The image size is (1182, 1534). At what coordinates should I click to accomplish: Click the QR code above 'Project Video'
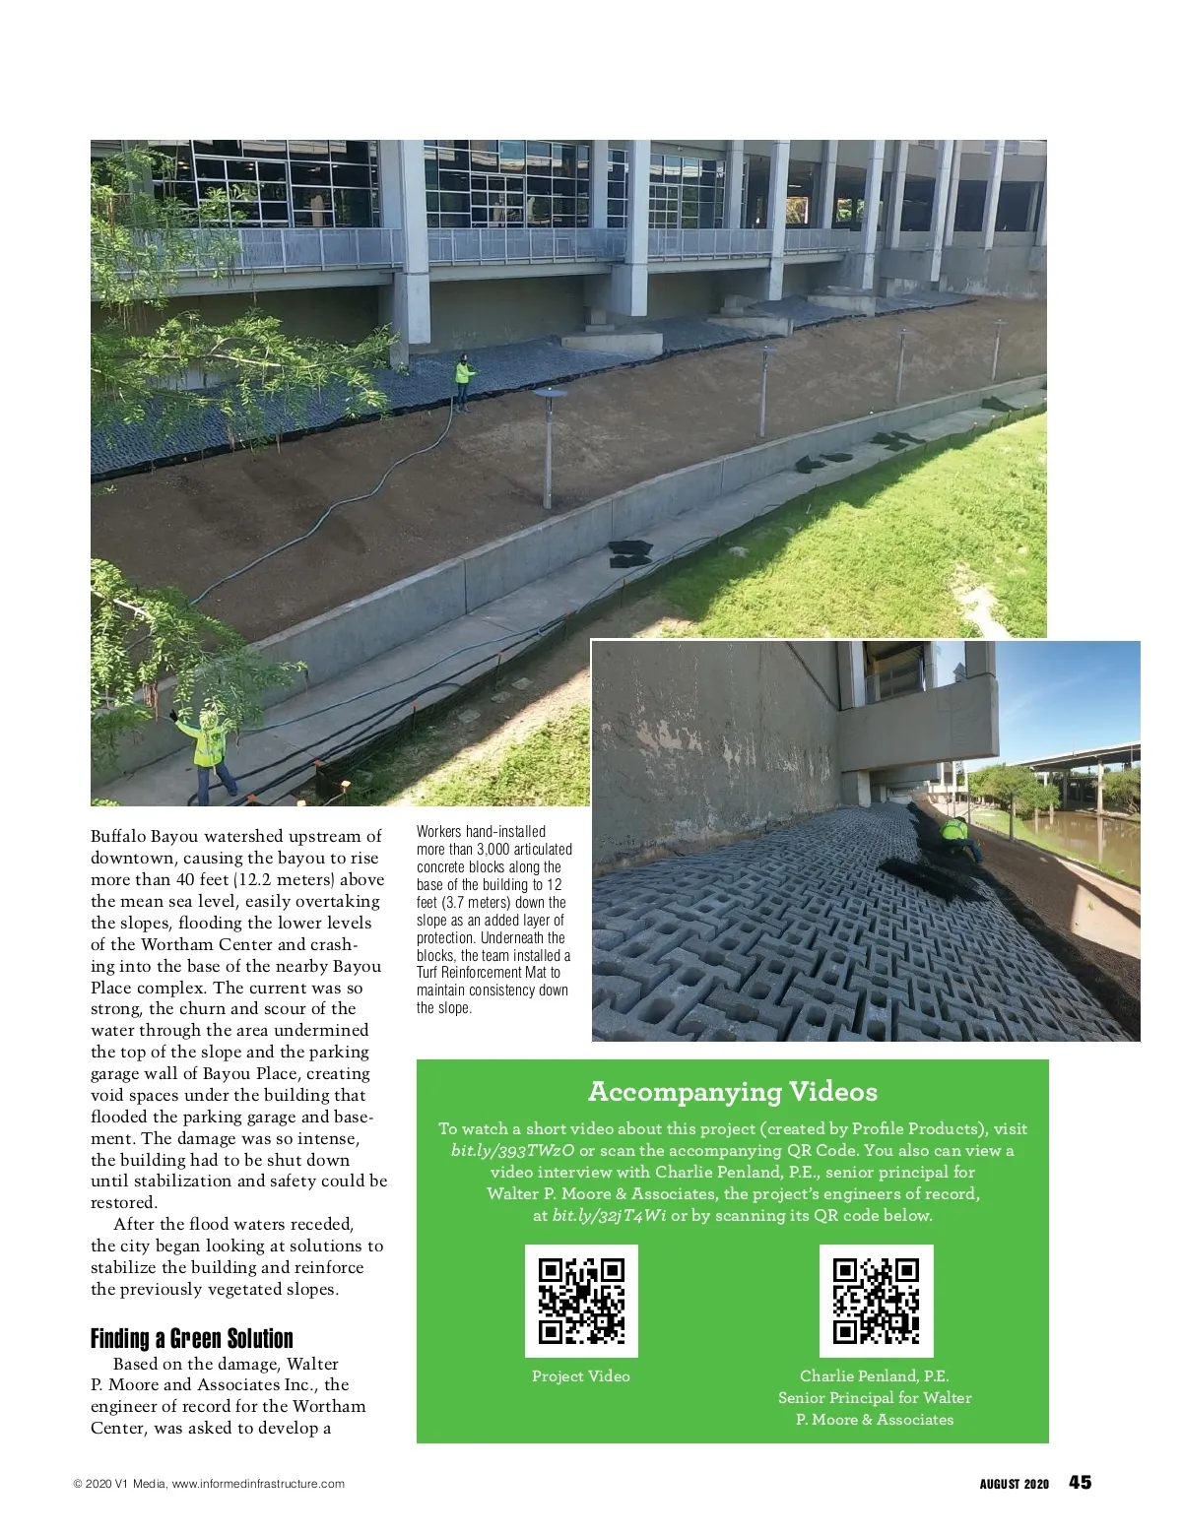[x=581, y=1301]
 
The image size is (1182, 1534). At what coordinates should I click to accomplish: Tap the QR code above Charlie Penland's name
[x=876, y=1301]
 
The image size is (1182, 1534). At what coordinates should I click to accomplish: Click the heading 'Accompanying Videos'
[x=732, y=1092]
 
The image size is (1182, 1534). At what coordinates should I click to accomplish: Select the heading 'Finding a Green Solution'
[x=192, y=1339]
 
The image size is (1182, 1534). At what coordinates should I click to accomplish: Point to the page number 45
[x=1080, y=1483]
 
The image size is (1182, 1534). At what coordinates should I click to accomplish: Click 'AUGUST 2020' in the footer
[x=1014, y=1484]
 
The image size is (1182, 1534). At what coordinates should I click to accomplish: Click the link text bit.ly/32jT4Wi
[x=609, y=1216]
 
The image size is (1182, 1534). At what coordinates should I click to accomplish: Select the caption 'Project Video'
[x=580, y=1376]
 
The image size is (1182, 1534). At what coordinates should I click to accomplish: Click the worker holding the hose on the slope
[x=462, y=378]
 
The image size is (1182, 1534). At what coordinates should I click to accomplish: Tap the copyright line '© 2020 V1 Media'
[x=119, y=1484]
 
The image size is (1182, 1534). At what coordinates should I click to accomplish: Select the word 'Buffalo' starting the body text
[x=118, y=837]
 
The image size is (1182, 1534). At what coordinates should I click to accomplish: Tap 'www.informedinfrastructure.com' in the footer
[x=258, y=1484]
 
